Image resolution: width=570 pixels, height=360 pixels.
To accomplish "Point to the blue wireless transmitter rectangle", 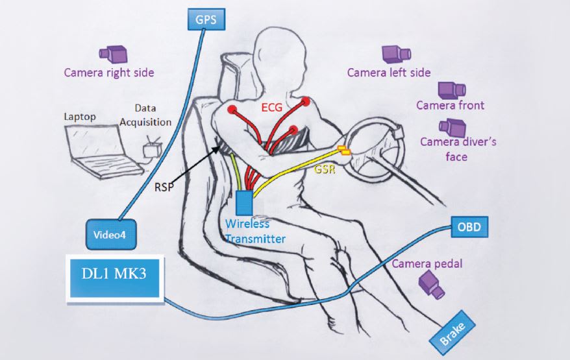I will coord(245,203).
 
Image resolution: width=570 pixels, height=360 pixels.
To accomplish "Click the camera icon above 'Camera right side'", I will coord(112,54).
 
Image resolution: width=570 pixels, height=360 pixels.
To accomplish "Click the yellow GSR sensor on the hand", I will coord(343,152).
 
